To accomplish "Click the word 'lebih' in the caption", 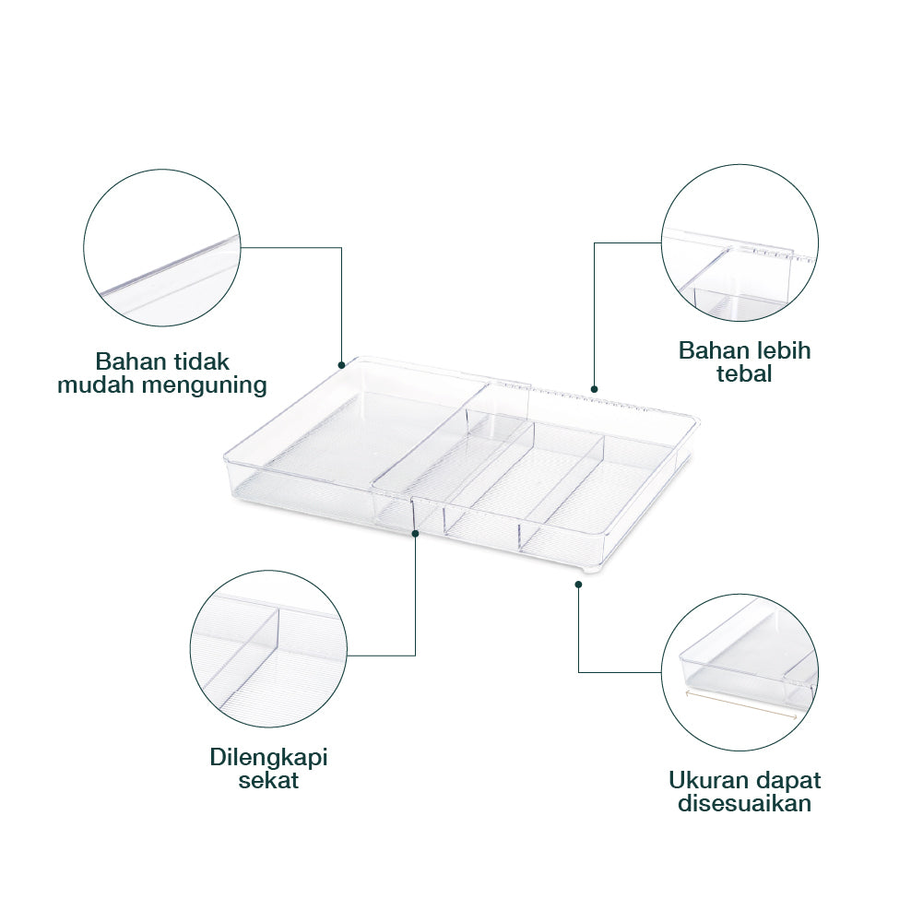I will click(x=782, y=350).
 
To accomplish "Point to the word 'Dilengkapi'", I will click(x=268, y=758).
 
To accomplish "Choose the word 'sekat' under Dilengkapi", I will click(x=268, y=781).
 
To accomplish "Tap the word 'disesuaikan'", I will click(x=745, y=804).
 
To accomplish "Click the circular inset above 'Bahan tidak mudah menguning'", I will click(x=162, y=247).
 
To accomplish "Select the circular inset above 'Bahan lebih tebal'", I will click(x=740, y=243).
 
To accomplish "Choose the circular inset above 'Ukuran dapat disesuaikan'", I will click(x=740, y=671).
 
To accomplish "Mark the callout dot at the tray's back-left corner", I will click(x=342, y=363).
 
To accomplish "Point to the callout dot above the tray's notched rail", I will click(x=594, y=389).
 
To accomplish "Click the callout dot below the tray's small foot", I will click(x=578, y=585).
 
